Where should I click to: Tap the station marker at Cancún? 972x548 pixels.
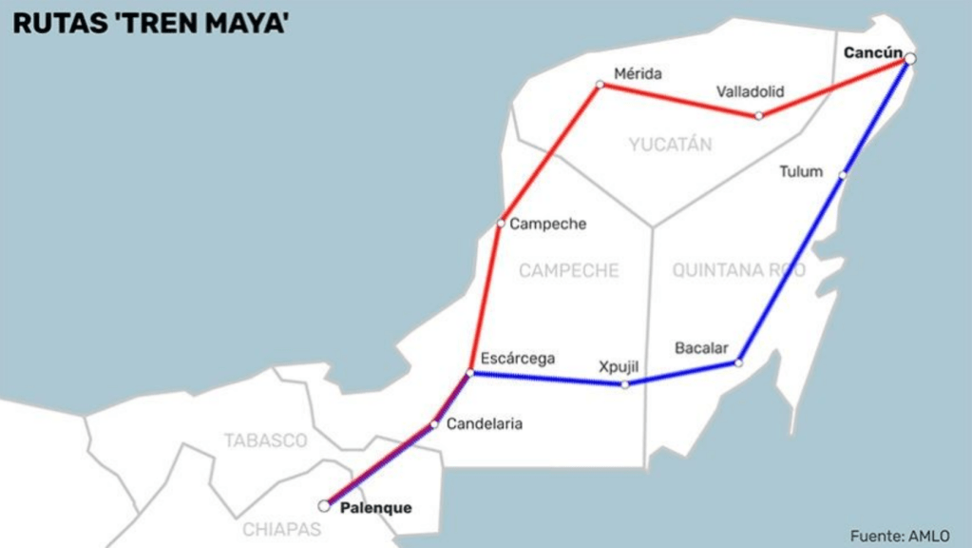(x=910, y=59)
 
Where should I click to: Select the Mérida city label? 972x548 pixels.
(x=638, y=73)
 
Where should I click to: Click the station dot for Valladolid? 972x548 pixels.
(x=758, y=116)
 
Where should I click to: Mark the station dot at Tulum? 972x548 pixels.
(x=842, y=175)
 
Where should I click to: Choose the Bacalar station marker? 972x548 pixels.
(x=738, y=362)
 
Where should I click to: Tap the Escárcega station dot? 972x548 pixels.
(x=470, y=372)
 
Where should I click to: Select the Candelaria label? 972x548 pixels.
(x=484, y=424)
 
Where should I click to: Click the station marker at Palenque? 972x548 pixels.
(x=324, y=506)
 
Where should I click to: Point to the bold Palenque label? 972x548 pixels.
(x=375, y=508)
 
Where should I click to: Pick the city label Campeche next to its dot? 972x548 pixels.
(x=547, y=225)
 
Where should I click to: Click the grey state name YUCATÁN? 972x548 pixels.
(x=670, y=145)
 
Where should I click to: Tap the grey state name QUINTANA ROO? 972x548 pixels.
(x=738, y=271)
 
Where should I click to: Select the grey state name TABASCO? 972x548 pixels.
(x=265, y=441)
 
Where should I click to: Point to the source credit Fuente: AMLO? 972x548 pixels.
(x=899, y=536)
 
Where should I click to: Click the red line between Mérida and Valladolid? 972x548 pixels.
(x=678, y=100)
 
